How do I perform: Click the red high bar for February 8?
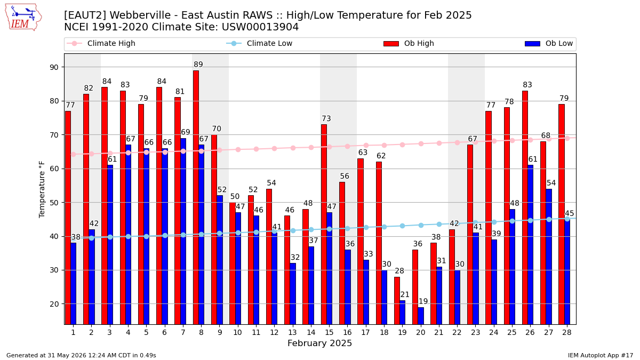click(x=196, y=197)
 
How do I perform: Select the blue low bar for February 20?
click(x=421, y=316)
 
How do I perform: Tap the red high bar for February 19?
click(x=397, y=301)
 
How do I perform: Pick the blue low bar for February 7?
click(x=183, y=231)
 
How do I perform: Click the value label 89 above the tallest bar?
click(x=198, y=65)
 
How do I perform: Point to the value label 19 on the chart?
click(x=423, y=301)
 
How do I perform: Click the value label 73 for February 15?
click(x=326, y=118)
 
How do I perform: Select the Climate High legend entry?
click(x=101, y=43)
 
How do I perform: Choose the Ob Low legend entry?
click(x=549, y=43)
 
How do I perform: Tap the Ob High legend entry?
click(x=409, y=43)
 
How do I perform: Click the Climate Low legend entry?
click(x=259, y=43)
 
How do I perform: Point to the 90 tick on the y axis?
click(x=54, y=67)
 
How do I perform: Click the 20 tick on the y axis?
click(x=54, y=304)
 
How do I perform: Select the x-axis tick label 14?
click(x=311, y=332)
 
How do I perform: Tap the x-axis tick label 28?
click(x=567, y=332)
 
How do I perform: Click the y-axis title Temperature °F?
click(x=42, y=189)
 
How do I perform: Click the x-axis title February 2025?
click(x=319, y=343)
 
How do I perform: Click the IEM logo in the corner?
click(x=23, y=18)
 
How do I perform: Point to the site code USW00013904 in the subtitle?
click(x=260, y=27)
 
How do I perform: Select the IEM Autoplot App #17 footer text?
click(x=601, y=355)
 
